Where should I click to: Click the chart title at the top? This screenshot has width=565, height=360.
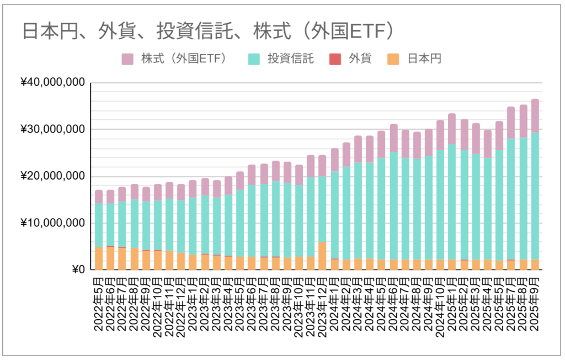(209, 31)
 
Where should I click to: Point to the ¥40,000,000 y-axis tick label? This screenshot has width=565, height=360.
(52, 83)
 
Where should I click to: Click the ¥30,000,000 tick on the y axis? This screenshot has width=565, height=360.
(52, 130)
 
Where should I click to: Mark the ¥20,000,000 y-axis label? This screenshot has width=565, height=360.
(52, 177)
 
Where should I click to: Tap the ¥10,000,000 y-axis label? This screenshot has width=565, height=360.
(52, 223)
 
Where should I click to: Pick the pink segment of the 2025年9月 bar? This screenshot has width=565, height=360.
(535, 116)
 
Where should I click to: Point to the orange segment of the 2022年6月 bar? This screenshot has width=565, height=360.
(110, 258)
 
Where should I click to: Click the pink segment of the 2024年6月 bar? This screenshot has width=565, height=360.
(393, 138)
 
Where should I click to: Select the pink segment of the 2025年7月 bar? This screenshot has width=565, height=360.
(511, 123)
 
